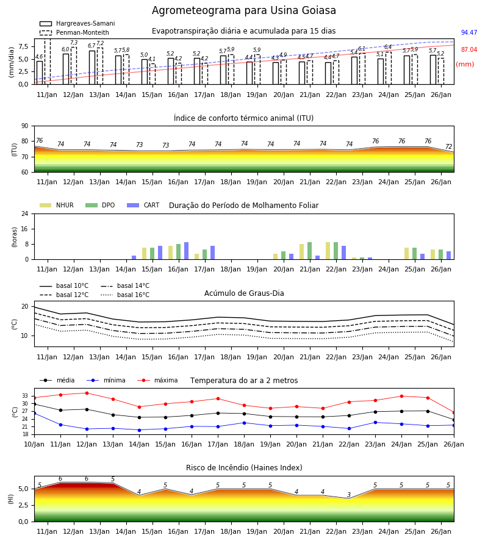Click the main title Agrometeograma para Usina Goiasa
243,10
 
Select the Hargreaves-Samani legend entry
77,23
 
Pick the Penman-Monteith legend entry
74,32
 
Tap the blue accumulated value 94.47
469,32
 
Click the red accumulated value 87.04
469,50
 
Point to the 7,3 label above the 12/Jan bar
74,43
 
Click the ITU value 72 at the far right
449,146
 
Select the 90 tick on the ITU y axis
25,126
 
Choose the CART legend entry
143,205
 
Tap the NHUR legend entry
57,205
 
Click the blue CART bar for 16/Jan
186,251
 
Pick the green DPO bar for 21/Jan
309,251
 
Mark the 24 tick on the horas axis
25,213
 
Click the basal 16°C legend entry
125,295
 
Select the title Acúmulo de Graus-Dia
244,293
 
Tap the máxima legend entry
157,380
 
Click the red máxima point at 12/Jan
87,393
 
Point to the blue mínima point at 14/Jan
139,430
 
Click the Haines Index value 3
349,495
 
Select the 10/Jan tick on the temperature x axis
34,444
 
